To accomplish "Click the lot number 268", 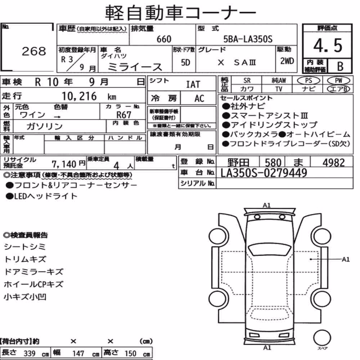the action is tap(34, 51).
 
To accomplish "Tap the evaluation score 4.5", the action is tap(328, 45).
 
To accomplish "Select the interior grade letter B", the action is tap(340, 66).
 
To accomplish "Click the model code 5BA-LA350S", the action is tap(248, 39).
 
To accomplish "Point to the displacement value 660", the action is tap(164, 39).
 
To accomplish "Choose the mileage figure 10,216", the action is tap(79, 96).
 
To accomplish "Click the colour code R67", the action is tap(124, 115).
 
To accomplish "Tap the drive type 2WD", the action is tap(287, 61).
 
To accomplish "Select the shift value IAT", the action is tap(193, 85).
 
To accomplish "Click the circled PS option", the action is tap(309, 81).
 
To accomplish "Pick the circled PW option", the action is tap(339, 81).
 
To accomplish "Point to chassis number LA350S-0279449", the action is tap(264, 173).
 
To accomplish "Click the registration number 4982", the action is tap(334, 163).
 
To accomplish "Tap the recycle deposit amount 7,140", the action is tap(64, 164).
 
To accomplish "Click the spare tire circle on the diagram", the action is tap(322, 338).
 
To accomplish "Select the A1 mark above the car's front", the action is tap(266, 205).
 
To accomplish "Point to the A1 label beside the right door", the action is tap(346, 260).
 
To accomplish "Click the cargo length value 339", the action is tap(30, 354).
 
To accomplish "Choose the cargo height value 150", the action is tap(130, 354).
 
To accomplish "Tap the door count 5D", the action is tap(185, 62).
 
